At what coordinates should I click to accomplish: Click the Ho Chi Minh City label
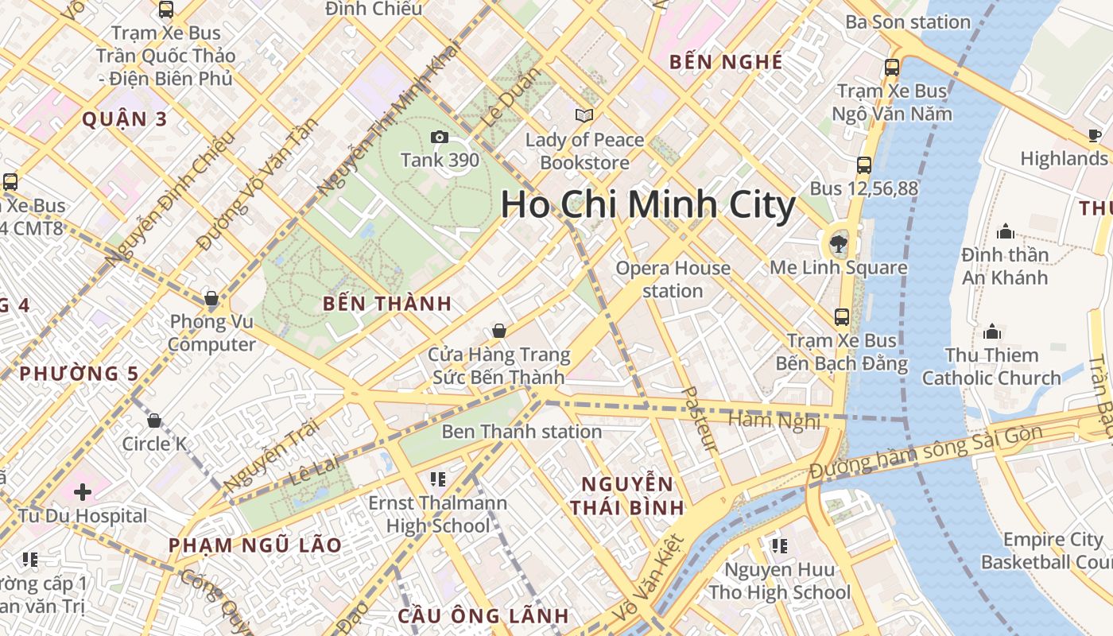point(648,205)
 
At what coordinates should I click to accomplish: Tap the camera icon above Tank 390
point(439,138)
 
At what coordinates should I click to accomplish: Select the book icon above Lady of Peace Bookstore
point(584,116)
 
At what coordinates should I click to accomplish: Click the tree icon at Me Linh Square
point(838,244)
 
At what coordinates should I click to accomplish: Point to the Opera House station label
point(673,279)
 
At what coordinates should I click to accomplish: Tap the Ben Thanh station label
point(522,432)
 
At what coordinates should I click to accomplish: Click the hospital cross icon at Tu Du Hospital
point(83,492)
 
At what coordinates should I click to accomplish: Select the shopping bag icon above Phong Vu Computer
point(211,299)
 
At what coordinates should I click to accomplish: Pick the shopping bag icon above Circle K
point(154,421)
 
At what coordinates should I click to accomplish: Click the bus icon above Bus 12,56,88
point(864,165)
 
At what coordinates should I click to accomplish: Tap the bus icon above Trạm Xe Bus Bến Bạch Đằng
point(842,317)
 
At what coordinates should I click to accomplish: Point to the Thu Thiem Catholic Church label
point(991,366)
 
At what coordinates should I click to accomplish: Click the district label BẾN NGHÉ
point(726,61)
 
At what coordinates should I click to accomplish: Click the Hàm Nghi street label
point(774,420)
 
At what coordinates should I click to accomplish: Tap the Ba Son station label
point(908,22)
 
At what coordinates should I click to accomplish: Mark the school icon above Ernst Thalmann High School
point(437,479)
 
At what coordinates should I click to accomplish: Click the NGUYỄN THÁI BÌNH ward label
point(627,495)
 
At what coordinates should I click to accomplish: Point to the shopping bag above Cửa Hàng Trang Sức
point(499,331)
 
